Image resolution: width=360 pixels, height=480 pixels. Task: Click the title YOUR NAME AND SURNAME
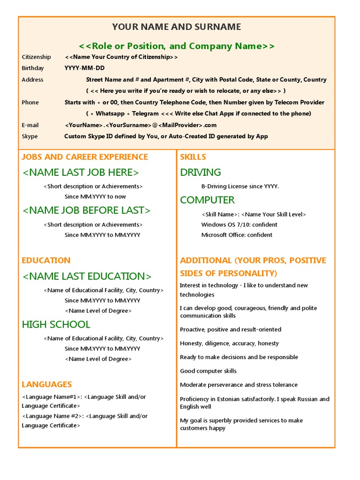[x=177, y=27]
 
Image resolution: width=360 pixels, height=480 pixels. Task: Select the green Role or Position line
[x=177, y=46]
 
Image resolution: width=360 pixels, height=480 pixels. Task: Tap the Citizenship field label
[x=37, y=57]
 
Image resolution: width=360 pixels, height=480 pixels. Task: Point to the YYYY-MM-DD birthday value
[x=85, y=68]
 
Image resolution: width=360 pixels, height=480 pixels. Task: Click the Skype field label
[x=30, y=136]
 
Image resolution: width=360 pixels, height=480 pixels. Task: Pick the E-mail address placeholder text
[x=141, y=125]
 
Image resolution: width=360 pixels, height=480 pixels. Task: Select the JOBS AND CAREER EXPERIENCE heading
[x=85, y=157]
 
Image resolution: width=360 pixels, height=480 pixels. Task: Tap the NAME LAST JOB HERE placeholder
[x=81, y=172]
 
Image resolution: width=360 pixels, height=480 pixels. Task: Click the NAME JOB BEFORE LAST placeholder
[x=87, y=210]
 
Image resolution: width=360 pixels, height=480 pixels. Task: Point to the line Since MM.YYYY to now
[x=95, y=196]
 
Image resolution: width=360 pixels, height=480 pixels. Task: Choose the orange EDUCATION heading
[x=46, y=261]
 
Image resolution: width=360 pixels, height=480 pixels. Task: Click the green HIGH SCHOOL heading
[x=56, y=324]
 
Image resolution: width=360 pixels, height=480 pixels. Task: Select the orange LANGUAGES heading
[x=46, y=384]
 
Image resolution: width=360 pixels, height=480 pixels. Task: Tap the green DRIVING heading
[x=200, y=172]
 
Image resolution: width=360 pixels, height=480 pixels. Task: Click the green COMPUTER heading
[x=207, y=200]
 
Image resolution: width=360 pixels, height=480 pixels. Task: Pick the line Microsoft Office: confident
[x=237, y=235]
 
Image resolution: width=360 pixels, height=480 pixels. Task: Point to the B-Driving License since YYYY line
[x=240, y=186]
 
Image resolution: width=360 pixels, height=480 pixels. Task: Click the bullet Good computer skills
[x=208, y=371]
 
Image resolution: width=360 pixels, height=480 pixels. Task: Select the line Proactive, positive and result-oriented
[x=231, y=330]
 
